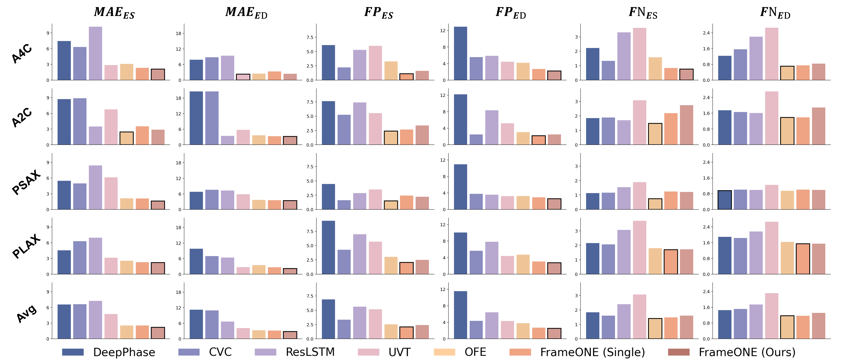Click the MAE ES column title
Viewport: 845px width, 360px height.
click(114, 13)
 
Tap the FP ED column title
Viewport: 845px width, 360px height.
click(511, 13)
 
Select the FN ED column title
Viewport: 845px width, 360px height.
click(775, 13)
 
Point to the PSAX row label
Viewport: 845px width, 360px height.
click(26, 182)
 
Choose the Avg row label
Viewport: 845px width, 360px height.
click(26, 313)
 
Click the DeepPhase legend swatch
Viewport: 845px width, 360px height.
click(73, 352)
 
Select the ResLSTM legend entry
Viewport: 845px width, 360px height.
click(295, 352)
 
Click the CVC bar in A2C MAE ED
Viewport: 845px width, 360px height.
click(212, 118)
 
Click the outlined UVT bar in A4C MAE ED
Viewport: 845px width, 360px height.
click(243, 77)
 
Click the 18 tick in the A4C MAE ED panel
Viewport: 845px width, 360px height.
click(178, 33)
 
